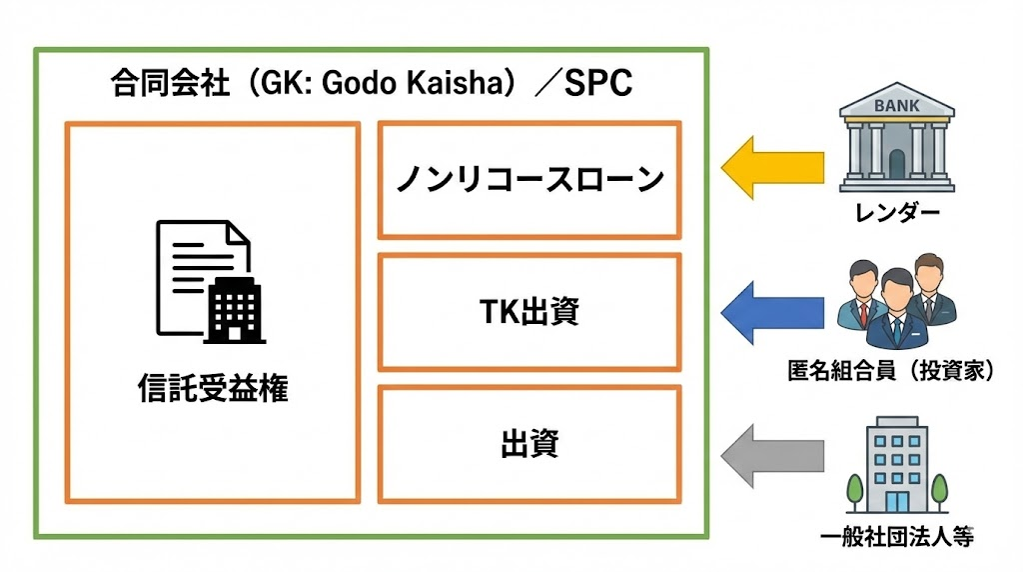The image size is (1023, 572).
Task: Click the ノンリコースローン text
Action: tap(529, 180)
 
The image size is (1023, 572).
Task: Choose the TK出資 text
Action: tap(529, 312)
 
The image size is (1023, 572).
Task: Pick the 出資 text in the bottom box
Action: tap(529, 444)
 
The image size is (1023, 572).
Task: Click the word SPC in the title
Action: tap(598, 84)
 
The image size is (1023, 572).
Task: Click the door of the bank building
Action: tap(896, 163)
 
